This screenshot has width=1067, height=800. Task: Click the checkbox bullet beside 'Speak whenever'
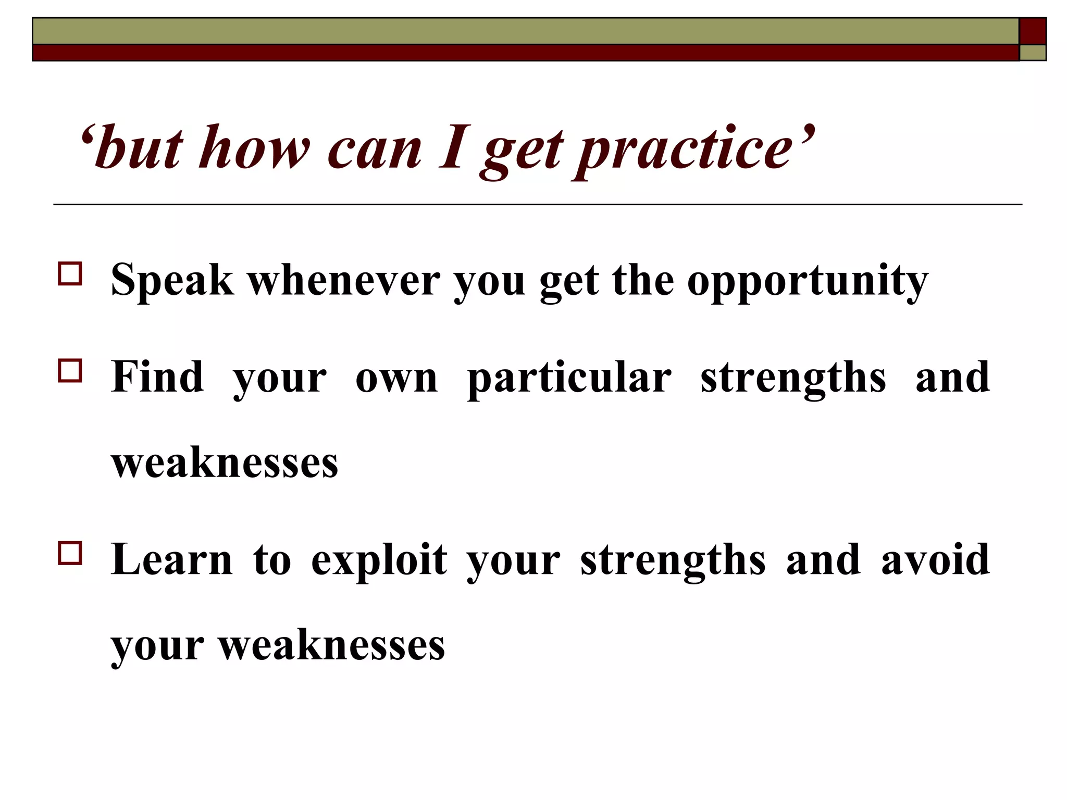(x=70, y=274)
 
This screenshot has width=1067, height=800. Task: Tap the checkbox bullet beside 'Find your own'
(x=70, y=371)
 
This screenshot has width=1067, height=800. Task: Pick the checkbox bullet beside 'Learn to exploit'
(x=70, y=554)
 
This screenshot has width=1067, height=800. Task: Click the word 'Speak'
(x=172, y=281)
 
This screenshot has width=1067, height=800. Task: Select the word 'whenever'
(x=343, y=281)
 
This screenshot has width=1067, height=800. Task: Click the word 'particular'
(x=569, y=379)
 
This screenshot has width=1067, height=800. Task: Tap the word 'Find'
(x=157, y=377)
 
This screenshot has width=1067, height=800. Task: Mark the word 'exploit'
(x=379, y=561)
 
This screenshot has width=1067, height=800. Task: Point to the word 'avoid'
(x=935, y=559)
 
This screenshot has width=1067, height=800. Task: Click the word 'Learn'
(x=171, y=559)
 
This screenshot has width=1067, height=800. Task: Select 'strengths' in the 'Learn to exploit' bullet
(x=673, y=561)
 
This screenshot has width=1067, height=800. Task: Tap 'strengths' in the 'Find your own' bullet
(x=792, y=379)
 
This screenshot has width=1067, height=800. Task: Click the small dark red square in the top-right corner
(x=1032, y=31)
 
